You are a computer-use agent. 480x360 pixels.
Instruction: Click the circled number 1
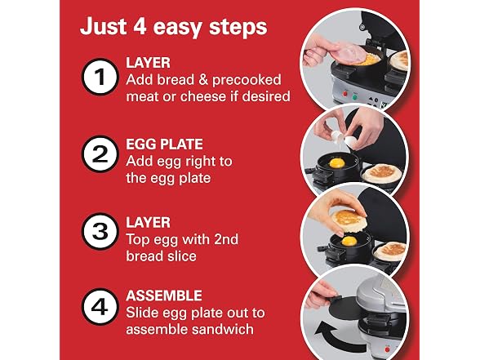[100, 77]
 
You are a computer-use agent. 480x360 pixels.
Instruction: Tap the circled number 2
[100, 154]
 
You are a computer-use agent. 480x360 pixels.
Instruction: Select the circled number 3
[100, 232]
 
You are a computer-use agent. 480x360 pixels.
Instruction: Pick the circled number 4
[100, 306]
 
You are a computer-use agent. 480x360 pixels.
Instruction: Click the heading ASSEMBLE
[164, 296]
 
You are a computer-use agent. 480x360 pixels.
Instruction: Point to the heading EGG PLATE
[164, 144]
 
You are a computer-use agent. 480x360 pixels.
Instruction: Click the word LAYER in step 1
[149, 63]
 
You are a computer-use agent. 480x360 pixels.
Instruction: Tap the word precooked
[247, 80]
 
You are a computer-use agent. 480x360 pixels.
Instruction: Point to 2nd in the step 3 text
[226, 239]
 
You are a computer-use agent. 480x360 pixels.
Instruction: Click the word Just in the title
[103, 26]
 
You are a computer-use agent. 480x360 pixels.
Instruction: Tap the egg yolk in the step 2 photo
[336, 162]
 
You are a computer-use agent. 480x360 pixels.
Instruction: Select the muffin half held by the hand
[349, 220]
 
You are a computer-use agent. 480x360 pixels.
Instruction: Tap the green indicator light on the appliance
[355, 97]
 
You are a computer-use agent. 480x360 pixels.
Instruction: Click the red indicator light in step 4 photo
[387, 349]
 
